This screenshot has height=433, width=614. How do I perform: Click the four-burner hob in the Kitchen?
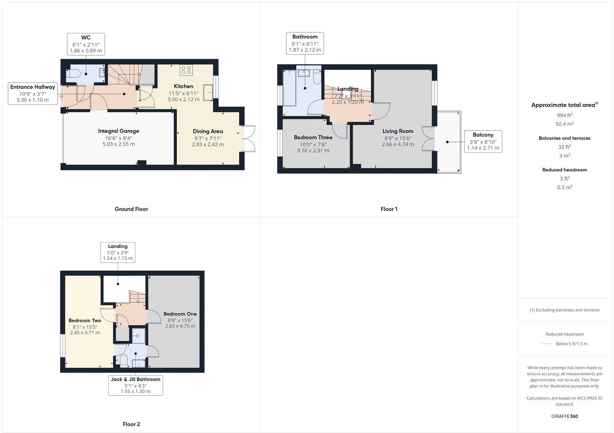point(186,70)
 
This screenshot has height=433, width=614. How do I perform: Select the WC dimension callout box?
point(86,44)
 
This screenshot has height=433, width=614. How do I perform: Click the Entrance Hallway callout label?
point(33,93)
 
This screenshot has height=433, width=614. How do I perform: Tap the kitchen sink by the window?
point(208,93)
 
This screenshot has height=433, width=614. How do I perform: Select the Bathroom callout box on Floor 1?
point(305,43)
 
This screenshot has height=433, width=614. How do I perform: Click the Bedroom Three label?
point(313,137)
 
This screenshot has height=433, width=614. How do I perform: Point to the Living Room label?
point(398,131)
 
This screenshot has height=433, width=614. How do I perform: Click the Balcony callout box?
point(483,141)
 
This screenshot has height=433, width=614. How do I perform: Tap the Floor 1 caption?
point(389,209)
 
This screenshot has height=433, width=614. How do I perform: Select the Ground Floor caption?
point(131,209)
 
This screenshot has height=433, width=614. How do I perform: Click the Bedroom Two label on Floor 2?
point(85,321)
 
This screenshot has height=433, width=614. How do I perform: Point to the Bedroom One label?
point(180,314)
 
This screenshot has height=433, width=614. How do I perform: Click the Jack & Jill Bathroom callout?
point(135,385)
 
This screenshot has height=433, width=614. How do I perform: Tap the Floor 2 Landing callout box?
point(118,252)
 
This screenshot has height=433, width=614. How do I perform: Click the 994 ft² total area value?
point(564,115)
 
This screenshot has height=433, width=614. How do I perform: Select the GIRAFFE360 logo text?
point(564,416)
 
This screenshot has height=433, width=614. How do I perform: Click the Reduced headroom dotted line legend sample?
point(547,344)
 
